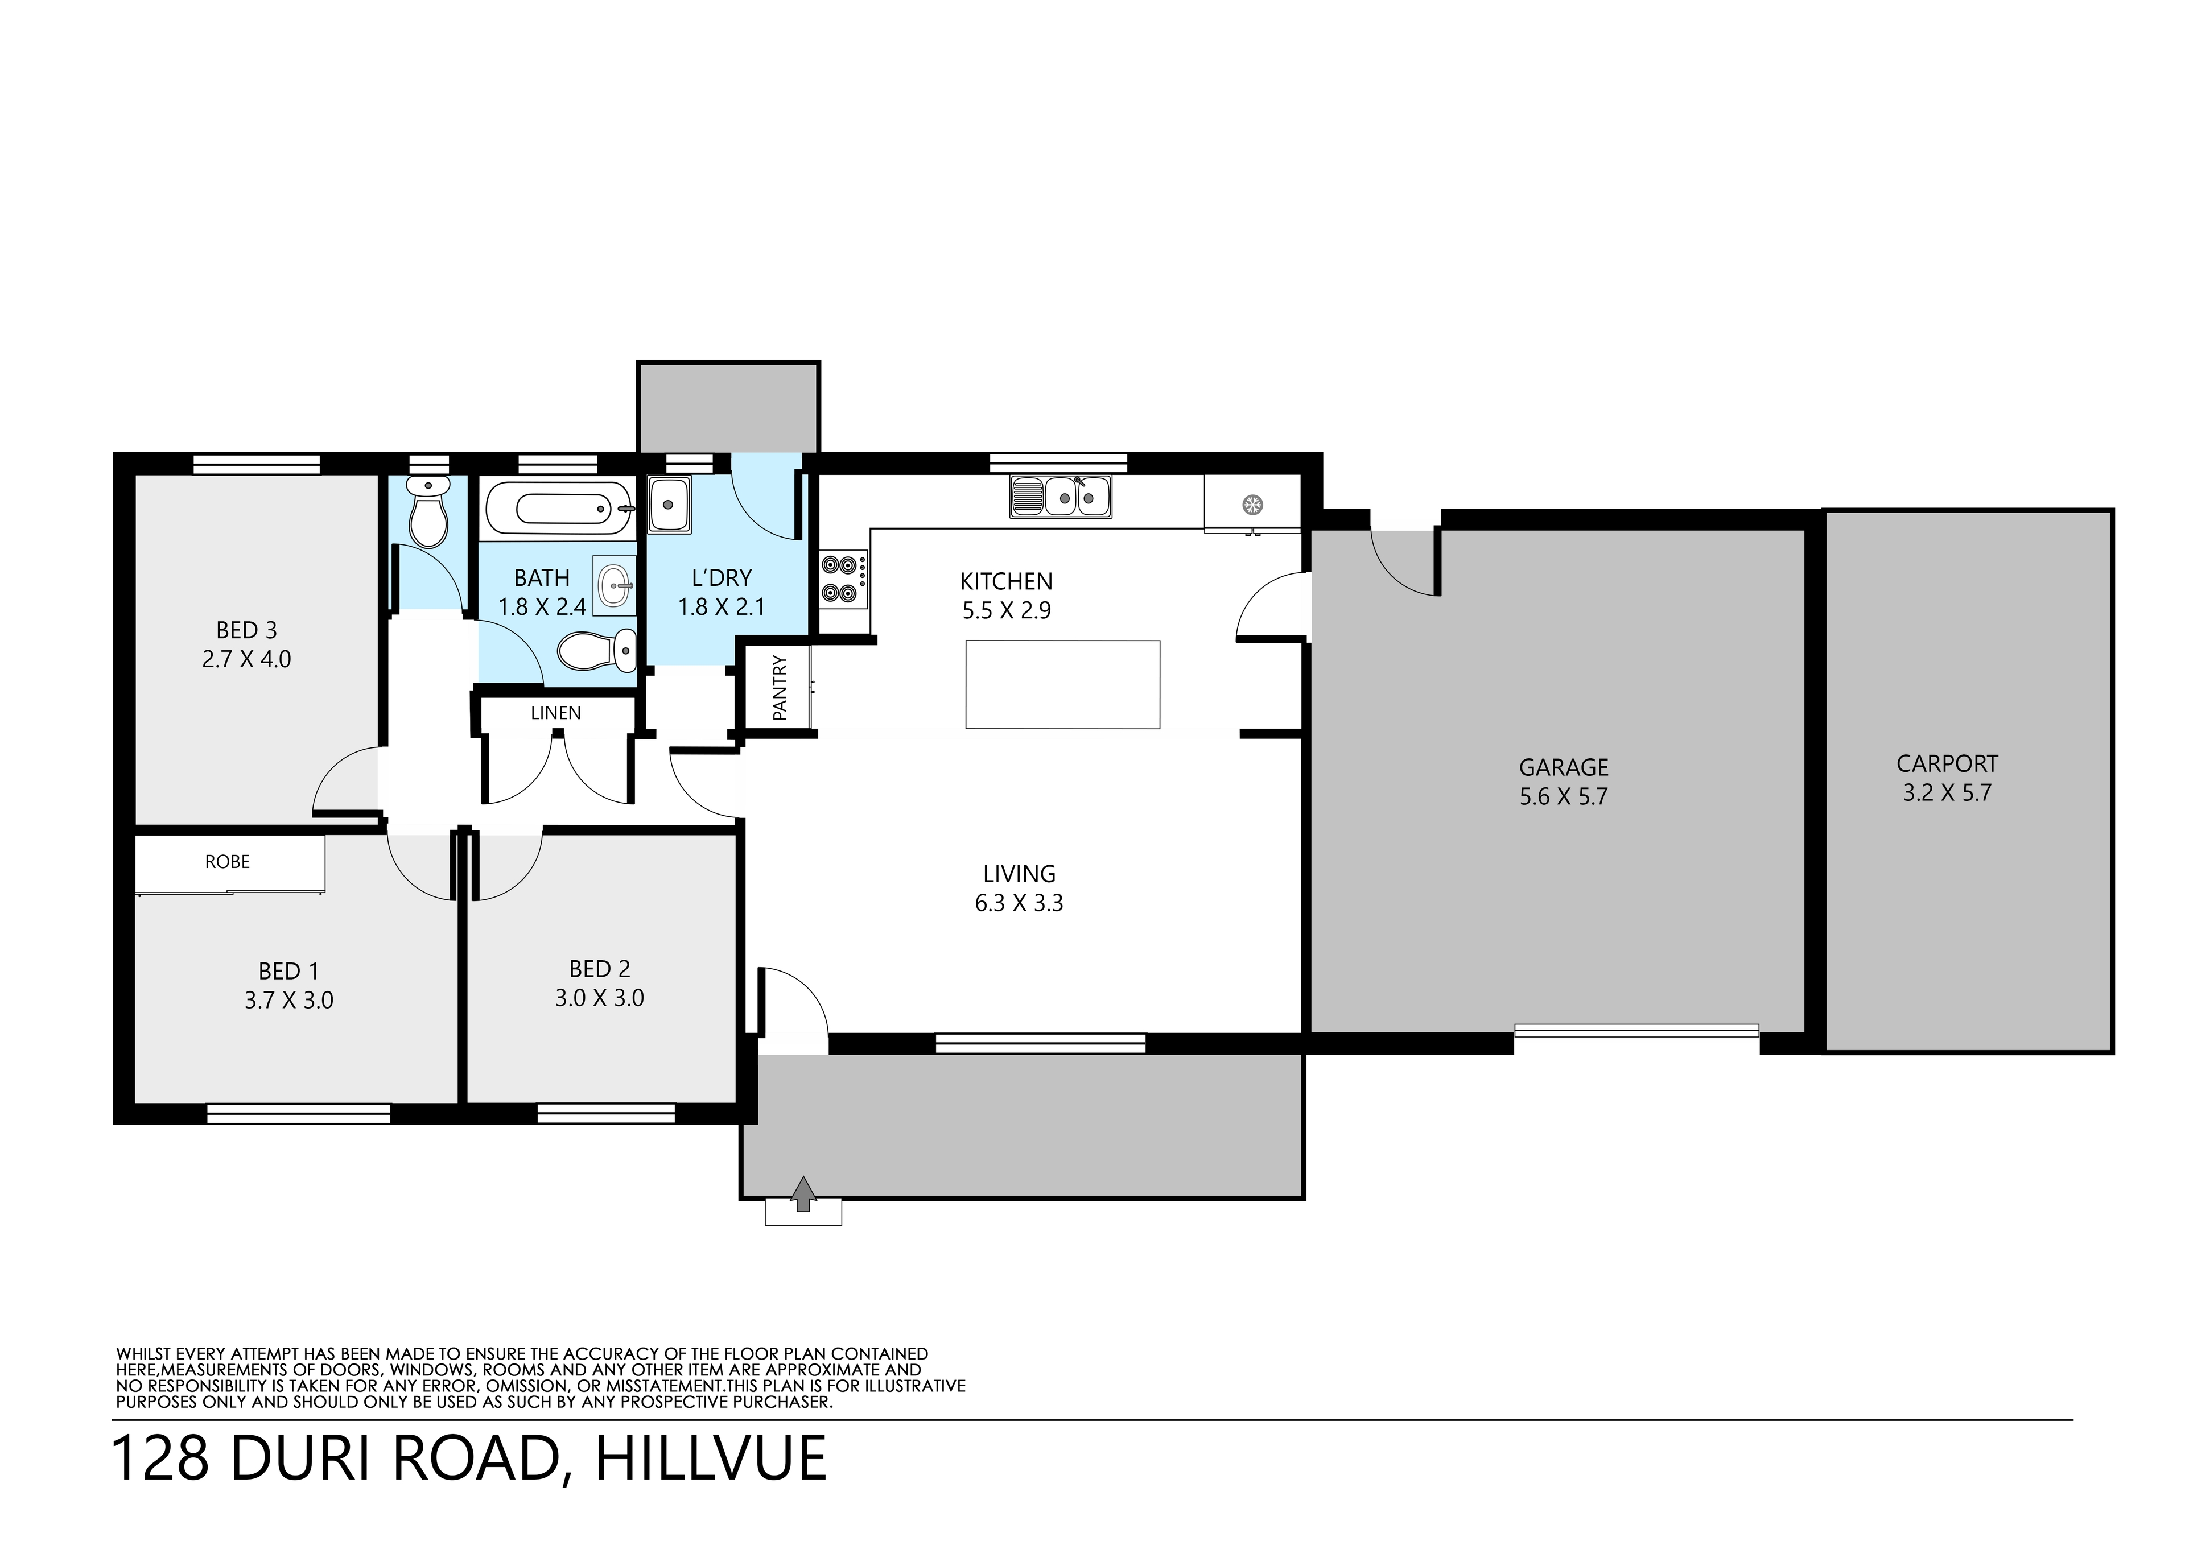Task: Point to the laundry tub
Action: (670, 503)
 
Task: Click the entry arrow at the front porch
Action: (802, 1194)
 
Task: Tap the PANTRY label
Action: (780, 689)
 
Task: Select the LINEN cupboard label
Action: (556, 713)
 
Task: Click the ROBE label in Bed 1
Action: (228, 862)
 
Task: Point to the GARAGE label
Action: (1564, 767)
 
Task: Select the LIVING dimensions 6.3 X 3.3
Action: (1019, 903)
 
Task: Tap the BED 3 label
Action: (246, 630)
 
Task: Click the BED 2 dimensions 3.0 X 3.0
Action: (599, 998)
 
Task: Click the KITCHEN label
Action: (1006, 582)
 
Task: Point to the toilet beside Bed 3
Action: (427, 510)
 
